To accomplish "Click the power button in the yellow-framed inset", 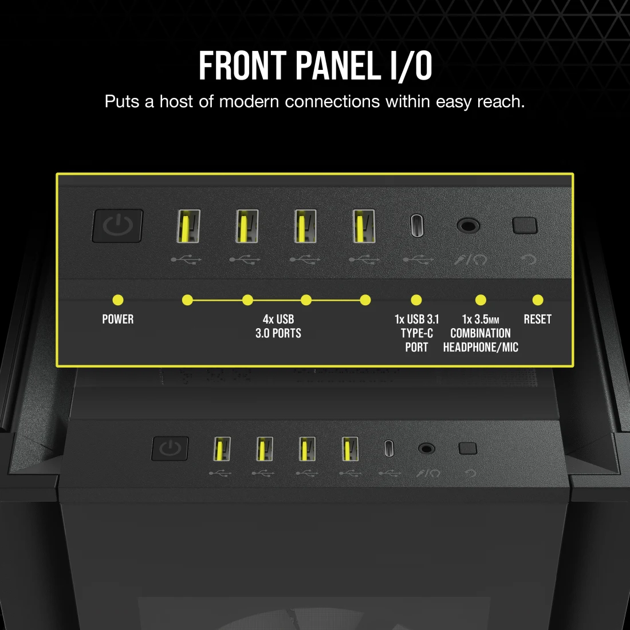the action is [x=117, y=226].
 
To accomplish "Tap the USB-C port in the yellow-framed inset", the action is [x=417, y=226].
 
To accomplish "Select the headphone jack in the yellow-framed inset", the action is [x=468, y=226].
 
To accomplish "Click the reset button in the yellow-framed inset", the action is [x=525, y=226].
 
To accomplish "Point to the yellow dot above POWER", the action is [x=118, y=300].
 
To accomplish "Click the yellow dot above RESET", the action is [x=538, y=300].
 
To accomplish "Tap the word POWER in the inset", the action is [x=118, y=320].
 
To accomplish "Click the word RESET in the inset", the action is [x=538, y=320].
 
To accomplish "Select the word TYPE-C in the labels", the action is [x=416, y=333].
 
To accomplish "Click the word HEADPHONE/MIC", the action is [x=481, y=347].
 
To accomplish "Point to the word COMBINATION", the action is [x=481, y=333].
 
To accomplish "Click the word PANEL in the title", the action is [x=338, y=65].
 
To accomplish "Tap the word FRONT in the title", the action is [x=243, y=65].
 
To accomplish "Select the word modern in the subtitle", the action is [x=249, y=101].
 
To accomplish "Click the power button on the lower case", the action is [x=170, y=448].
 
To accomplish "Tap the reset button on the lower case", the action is [x=468, y=448].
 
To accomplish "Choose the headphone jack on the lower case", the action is [x=426, y=448].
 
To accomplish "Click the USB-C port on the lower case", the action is [x=389, y=448].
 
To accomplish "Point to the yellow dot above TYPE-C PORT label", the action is [x=416, y=300].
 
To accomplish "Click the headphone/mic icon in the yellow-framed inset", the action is [x=470, y=260].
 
